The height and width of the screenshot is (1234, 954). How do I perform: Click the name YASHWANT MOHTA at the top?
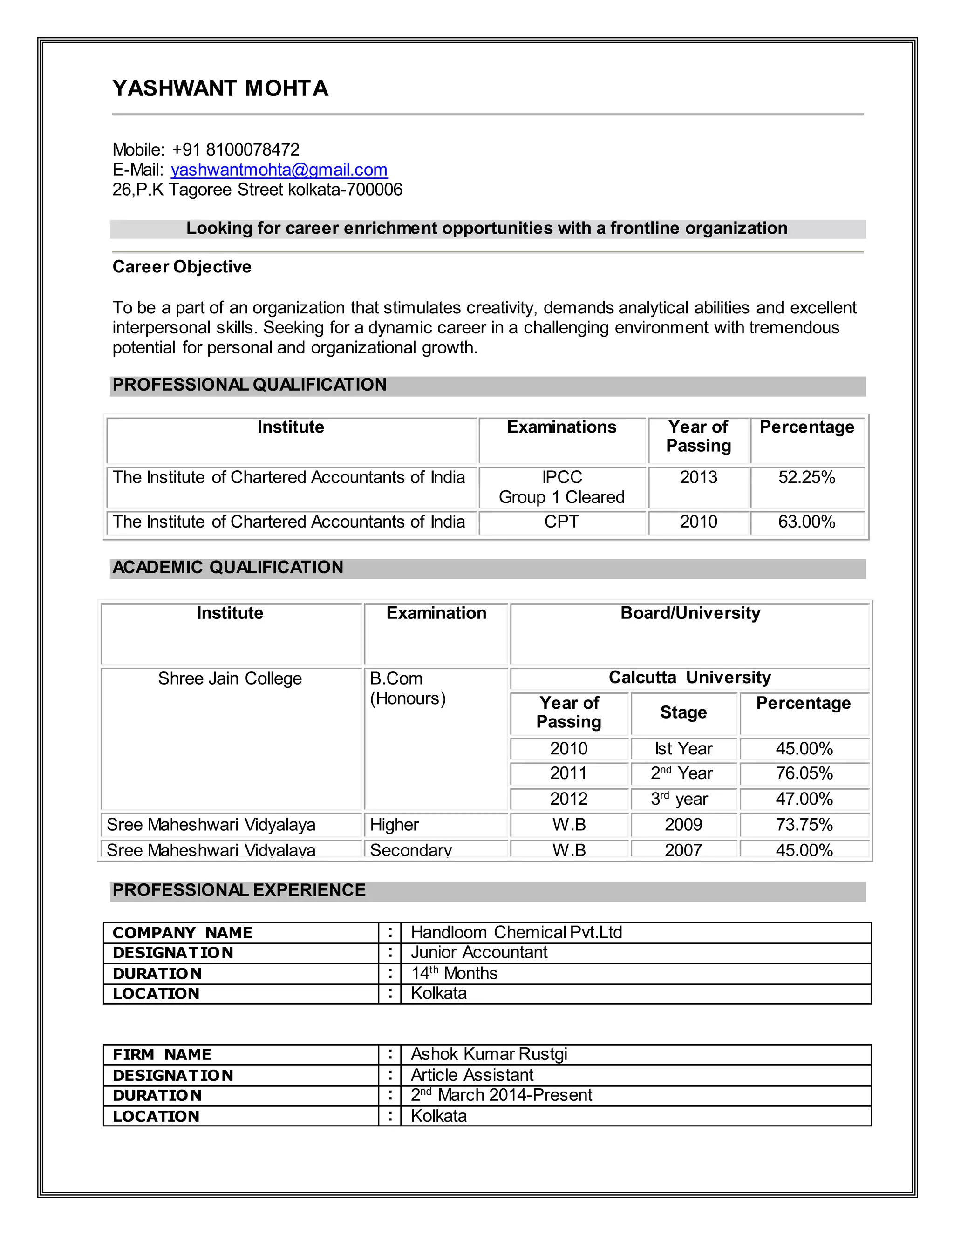[x=220, y=88]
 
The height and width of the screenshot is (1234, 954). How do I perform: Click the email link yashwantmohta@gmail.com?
[x=279, y=170]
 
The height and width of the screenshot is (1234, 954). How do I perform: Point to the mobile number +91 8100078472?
[x=236, y=150]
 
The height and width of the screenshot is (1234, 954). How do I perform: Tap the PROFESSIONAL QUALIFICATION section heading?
[x=249, y=385]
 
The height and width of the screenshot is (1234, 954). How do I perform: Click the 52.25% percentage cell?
[x=806, y=477]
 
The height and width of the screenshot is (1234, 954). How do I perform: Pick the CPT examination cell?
[x=561, y=522]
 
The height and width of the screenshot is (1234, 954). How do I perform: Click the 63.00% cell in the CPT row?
[x=806, y=522]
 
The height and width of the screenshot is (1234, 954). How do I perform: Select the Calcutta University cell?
[x=689, y=678]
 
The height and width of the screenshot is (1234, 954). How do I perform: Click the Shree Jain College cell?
[x=230, y=678]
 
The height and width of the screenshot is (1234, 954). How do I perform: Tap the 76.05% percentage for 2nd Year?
[x=804, y=773]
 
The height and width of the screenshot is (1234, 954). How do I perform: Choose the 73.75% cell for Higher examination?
[x=804, y=825]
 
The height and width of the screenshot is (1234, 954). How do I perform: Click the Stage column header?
[x=683, y=712]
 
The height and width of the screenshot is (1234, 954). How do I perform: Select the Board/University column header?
[x=690, y=613]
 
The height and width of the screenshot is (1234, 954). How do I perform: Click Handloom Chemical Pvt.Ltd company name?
[x=516, y=932]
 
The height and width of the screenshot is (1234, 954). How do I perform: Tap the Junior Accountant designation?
[x=479, y=953]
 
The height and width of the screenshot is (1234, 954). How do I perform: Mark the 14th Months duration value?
[x=454, y=973]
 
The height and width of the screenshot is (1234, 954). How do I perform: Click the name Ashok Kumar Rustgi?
[x=489, y=1054]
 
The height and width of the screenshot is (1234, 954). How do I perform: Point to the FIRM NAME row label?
[x=162, y=1055]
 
